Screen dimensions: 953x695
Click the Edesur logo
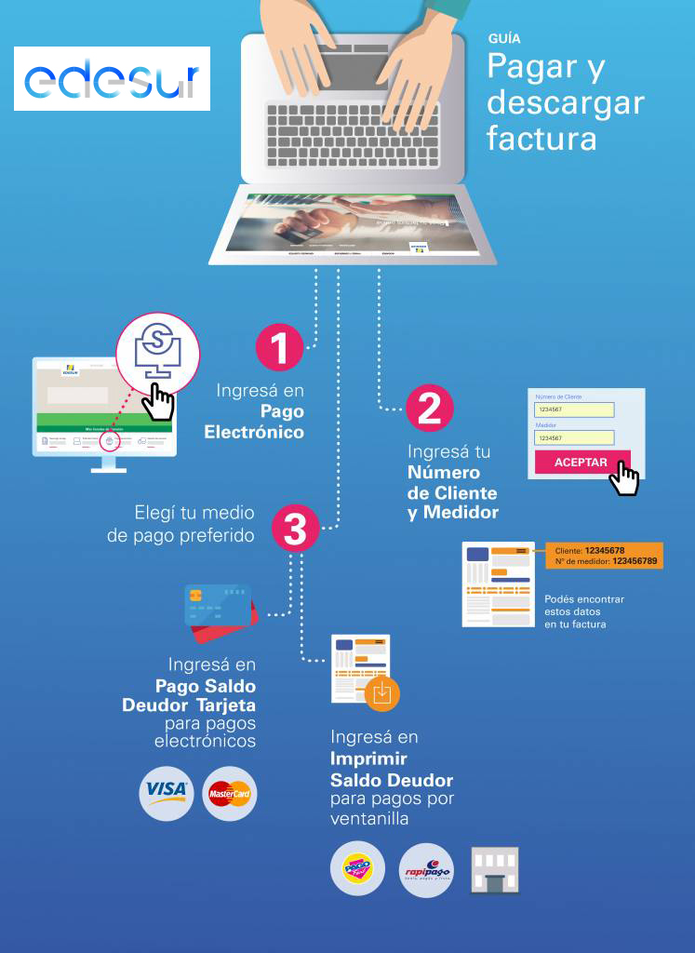pyautogui.click(x=112, y=81)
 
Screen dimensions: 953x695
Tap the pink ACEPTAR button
pyautogui.click(x=581, y=463)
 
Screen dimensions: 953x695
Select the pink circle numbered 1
pyautogui.click(x=279, y=349)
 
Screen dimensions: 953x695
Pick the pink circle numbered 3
pyautogui.click(x=295, y=531)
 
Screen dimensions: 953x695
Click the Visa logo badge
pyautogui.click(x=167, y=793)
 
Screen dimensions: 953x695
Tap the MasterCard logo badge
pyautogui.click(x=229, y=794)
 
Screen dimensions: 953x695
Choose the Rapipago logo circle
pyautogui.click(x=426, y=871)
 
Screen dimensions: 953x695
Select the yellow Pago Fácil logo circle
pyautogui.click(x=357, y=871)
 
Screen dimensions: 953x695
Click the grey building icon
pyautogui.click(x=494, y=870)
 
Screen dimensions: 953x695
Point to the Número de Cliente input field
pyautogui.click(x=575, y=409)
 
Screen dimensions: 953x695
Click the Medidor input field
pyautogui.click(x=575, y=437)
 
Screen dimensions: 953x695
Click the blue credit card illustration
pyautogui.click(x=216, y=605)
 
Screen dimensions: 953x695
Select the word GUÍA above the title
pyautogui.click(x=503, y=39)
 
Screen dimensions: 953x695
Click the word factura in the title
pyautogui.click(x=541, y=139)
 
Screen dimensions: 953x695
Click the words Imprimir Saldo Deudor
pyautogui.click(x=391, y=769)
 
